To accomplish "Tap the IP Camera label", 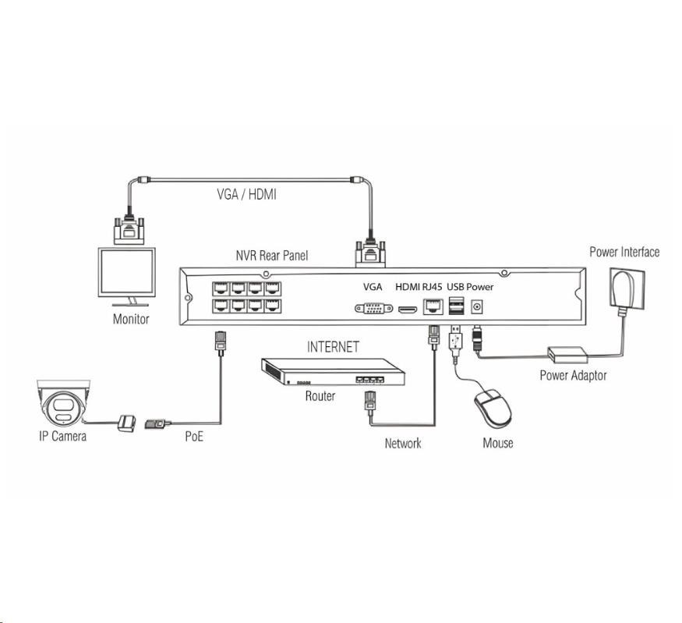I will [63, 436].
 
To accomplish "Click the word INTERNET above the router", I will [334, 347].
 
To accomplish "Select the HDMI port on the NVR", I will [407, 310].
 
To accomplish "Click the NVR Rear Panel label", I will [272, 256].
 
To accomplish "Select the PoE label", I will [194, 436].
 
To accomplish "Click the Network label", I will [403, 443].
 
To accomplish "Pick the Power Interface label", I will [624, 252].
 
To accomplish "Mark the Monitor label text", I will [131, 318].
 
